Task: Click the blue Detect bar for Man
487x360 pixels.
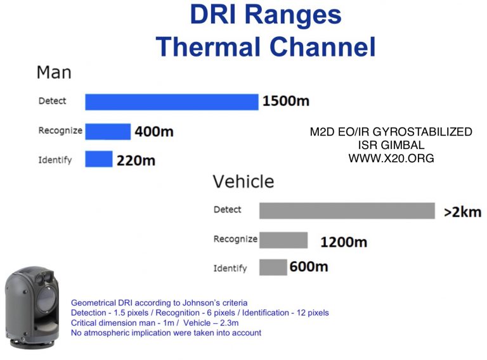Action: (x=172, y=101)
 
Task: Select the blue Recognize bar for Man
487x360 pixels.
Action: (x=108, y=131)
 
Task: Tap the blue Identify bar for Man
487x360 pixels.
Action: (x=98, y=159)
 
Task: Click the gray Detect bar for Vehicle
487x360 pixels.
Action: (x=347, y=210)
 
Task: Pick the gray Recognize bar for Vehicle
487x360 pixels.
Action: (x=283, y=240)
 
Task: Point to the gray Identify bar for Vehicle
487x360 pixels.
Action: (x=273, y=267)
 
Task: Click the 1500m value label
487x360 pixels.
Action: (x=286, y=101)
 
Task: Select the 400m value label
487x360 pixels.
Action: (x=153, y=132)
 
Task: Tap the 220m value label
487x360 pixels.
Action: (x=136, y=160)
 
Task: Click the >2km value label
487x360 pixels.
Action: (x=462, y=212)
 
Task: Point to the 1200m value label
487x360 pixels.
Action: (x=343, y=241)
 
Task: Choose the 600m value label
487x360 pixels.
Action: (x=309, y=267)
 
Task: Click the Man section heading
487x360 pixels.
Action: (x=54, y=72)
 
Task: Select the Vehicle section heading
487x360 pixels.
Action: (x=243, y=182)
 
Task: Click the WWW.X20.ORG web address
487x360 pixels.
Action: (x=391, y=159)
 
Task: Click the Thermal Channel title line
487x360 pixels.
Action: (x=266, y=46)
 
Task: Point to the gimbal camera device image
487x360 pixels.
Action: (x=33, y=309)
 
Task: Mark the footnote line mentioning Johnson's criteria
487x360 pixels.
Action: (x=159, y=303)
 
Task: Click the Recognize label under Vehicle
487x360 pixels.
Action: (x=235, y=239)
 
